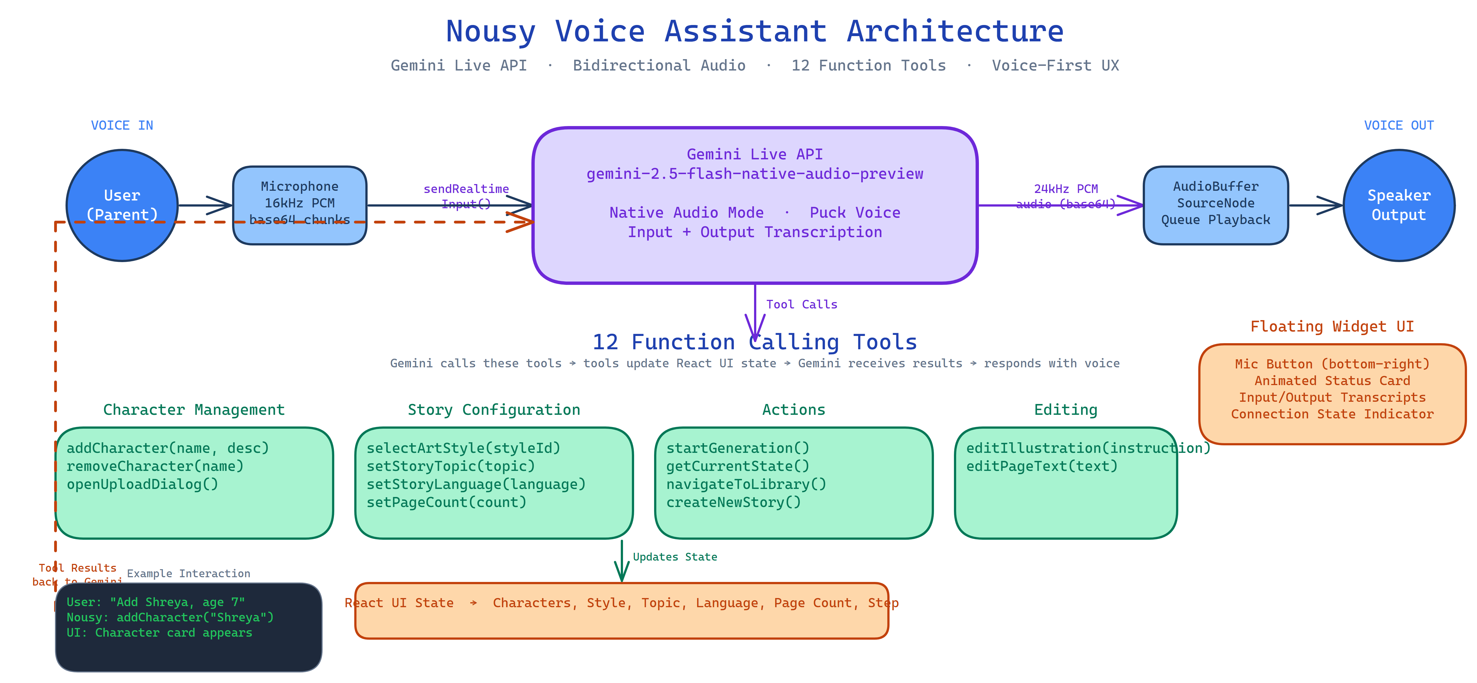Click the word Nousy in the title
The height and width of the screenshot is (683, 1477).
(490, 32)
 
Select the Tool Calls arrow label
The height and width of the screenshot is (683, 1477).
(802, 305)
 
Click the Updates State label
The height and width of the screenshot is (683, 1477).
(675, 557)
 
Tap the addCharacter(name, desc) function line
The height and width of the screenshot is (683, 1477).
(167, 448)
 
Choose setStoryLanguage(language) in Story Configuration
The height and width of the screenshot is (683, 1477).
(476, 484)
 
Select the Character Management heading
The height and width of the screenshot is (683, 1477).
(194, 410)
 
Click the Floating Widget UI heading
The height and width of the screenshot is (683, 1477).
(1332, 326)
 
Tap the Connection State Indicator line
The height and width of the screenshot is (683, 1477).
(1332, 414)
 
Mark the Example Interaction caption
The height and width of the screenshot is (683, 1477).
(189, 573)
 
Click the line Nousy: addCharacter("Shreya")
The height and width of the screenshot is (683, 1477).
(170, 617)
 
